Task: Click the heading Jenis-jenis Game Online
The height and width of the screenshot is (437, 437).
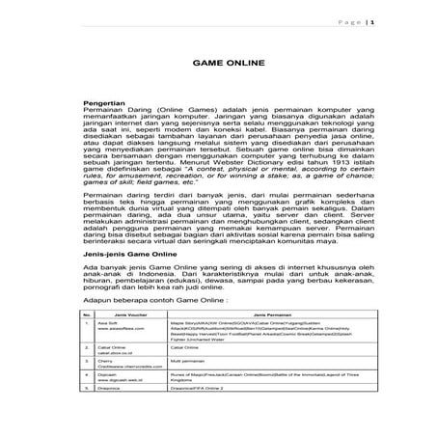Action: point(124,250)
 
